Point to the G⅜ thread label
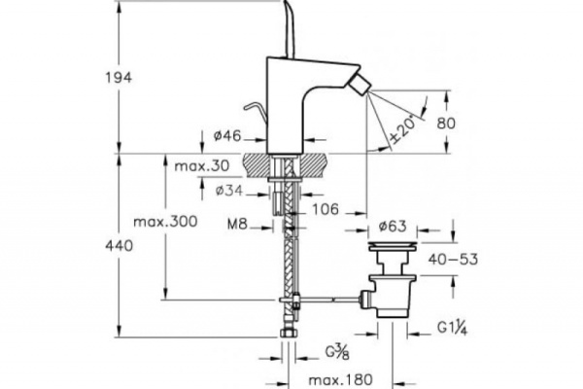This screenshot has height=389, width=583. click(338, 350)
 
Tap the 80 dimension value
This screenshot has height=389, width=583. click(471, 123)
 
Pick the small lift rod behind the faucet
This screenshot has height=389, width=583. click(252, 109)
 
